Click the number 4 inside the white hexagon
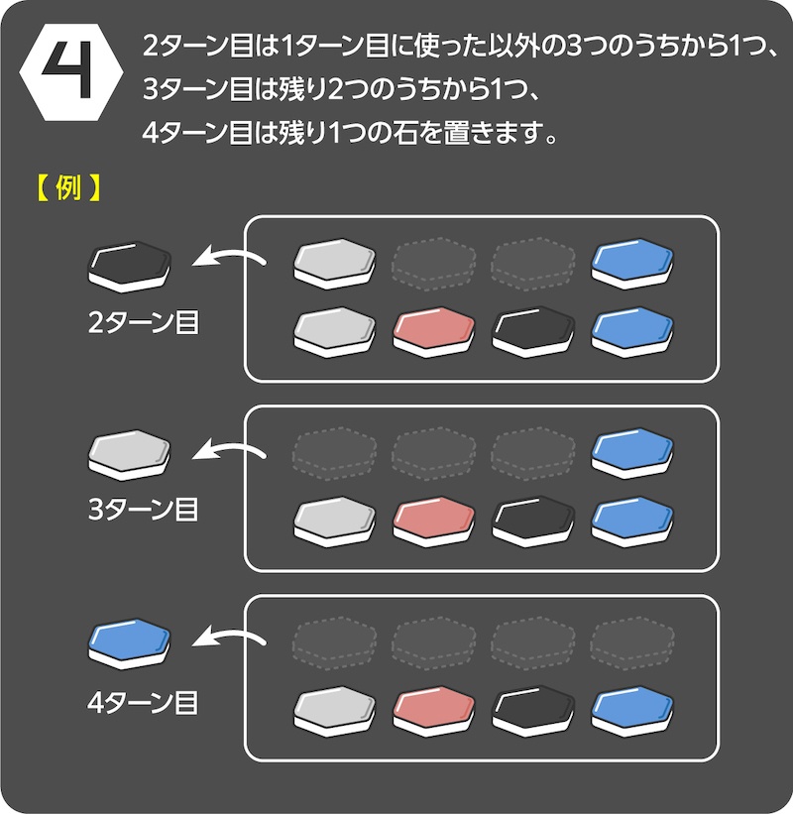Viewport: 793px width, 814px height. (67, 70)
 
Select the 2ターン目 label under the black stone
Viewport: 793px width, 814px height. (143, 322)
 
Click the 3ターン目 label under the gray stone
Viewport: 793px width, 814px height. (143, 511)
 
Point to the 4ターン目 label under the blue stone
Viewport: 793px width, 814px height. (143, 702)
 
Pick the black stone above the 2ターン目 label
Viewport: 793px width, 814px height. (130, 265)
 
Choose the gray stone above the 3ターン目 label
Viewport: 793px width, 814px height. (130, 453)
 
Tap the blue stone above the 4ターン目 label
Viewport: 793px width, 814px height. (130, 642)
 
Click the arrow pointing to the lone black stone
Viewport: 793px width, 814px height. (229, 261)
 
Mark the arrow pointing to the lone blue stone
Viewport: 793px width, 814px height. (229, 640)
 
